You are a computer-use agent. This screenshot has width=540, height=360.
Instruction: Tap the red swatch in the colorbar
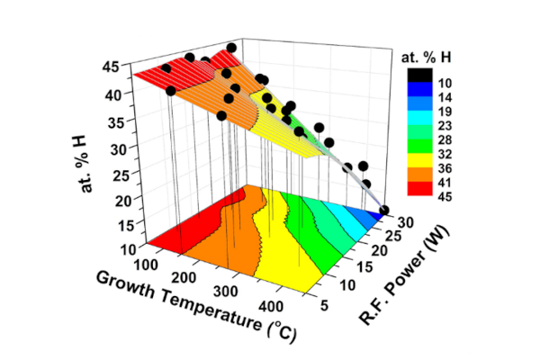tap(418, 188)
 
